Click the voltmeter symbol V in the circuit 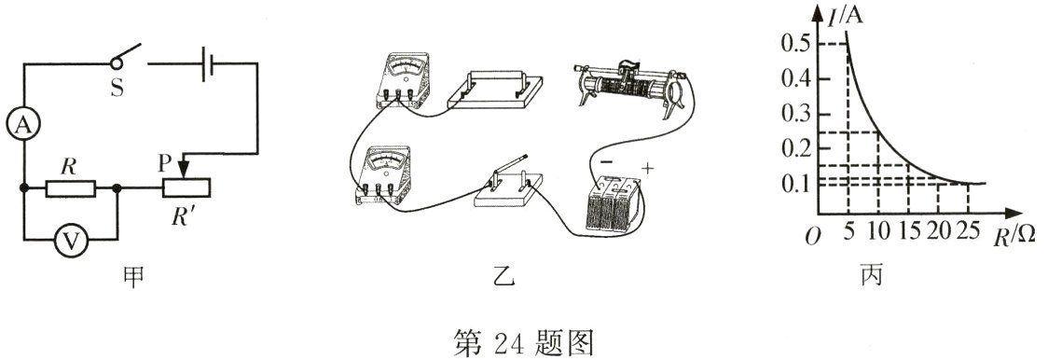point(68,241)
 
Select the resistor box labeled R point(70,189)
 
